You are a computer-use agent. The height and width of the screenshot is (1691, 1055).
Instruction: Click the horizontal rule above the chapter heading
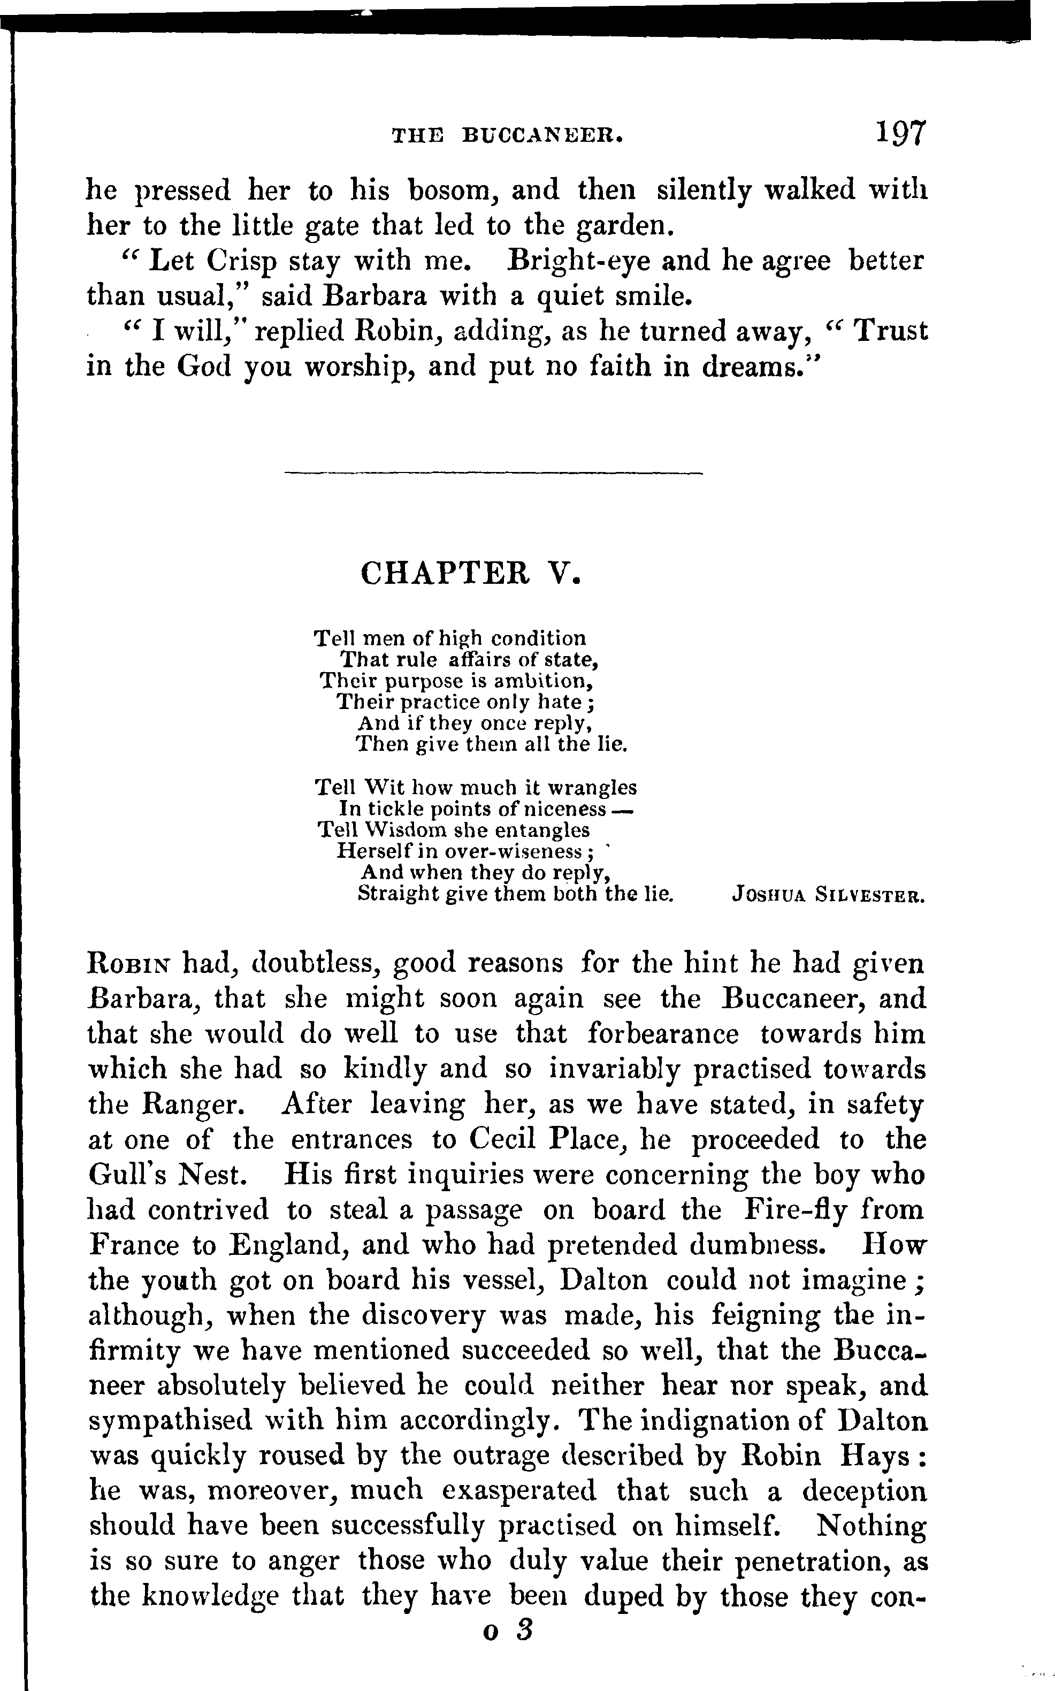point(494,475)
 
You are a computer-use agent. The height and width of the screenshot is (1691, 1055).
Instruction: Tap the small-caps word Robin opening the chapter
point(131,964)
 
